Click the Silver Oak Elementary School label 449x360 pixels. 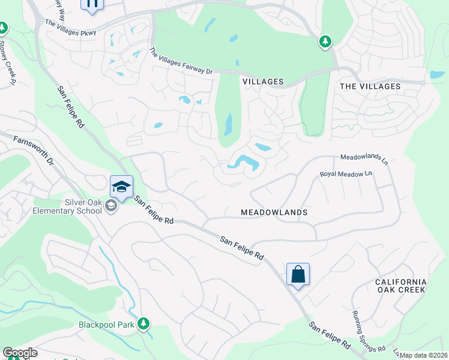point(71,206)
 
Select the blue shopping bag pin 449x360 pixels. point(298,275)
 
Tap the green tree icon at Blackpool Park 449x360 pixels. point(143,324)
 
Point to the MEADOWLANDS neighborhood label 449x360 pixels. point(274,212)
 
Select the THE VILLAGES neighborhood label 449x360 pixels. point(370,86)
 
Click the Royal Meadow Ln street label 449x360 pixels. point(346,173)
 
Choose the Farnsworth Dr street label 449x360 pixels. point(35,151)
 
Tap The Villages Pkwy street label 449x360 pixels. point(70,27)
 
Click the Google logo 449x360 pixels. point(20,353)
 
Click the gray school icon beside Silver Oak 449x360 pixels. point(110,206)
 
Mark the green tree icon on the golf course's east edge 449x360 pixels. point(325,41)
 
